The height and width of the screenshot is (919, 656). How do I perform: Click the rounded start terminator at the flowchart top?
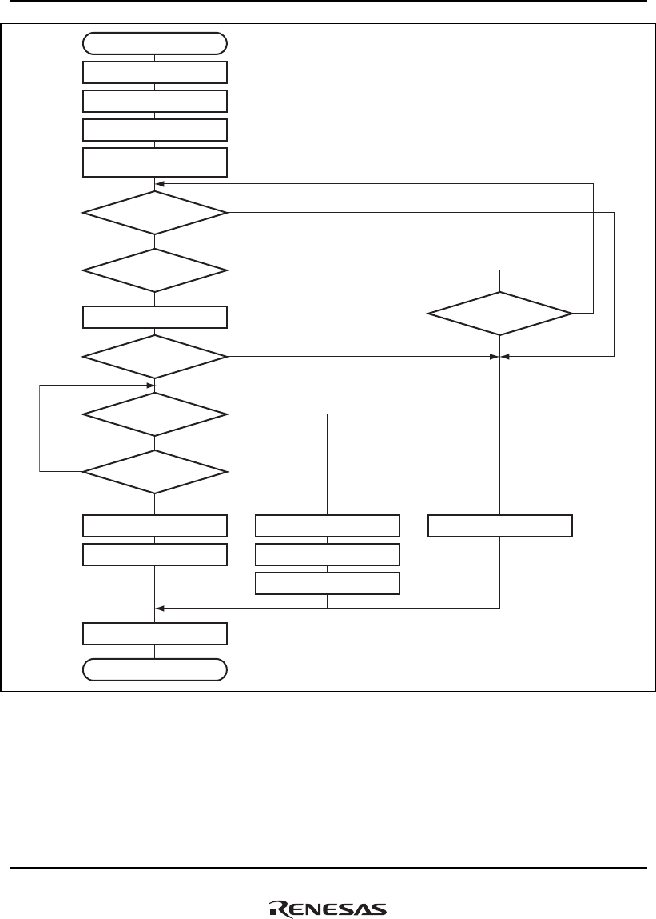coord(155,43)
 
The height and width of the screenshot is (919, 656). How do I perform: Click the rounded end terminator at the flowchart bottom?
coord(155,669)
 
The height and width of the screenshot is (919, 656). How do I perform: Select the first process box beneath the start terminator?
coord(155,72)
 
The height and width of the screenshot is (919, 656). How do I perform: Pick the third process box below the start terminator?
coord(155,130)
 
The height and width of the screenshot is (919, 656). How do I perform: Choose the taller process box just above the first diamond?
coord(155,162)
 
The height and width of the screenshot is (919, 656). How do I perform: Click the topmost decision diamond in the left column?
coord(155,213)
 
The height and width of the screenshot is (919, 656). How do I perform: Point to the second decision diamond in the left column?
coord(155,270)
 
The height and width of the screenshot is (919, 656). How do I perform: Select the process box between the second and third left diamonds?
coord(155,318)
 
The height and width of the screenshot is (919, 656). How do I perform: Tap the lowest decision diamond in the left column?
coord(155,472)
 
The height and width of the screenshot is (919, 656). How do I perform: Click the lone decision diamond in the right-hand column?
coord(500,313)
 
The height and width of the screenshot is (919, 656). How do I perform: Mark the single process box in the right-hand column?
coord(500,525)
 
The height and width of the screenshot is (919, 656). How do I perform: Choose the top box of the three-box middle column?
coord(328,525)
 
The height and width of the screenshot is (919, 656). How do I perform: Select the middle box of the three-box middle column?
coord(328,554)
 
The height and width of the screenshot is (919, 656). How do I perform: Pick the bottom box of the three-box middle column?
coord(328,583)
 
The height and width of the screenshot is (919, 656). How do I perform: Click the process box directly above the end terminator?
coord(155,634)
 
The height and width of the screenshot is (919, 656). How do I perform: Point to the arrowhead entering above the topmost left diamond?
coord(160,183)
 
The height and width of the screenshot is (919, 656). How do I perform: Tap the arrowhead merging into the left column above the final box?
coord(160,607)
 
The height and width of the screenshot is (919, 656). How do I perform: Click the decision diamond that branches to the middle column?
coord(155,414)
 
